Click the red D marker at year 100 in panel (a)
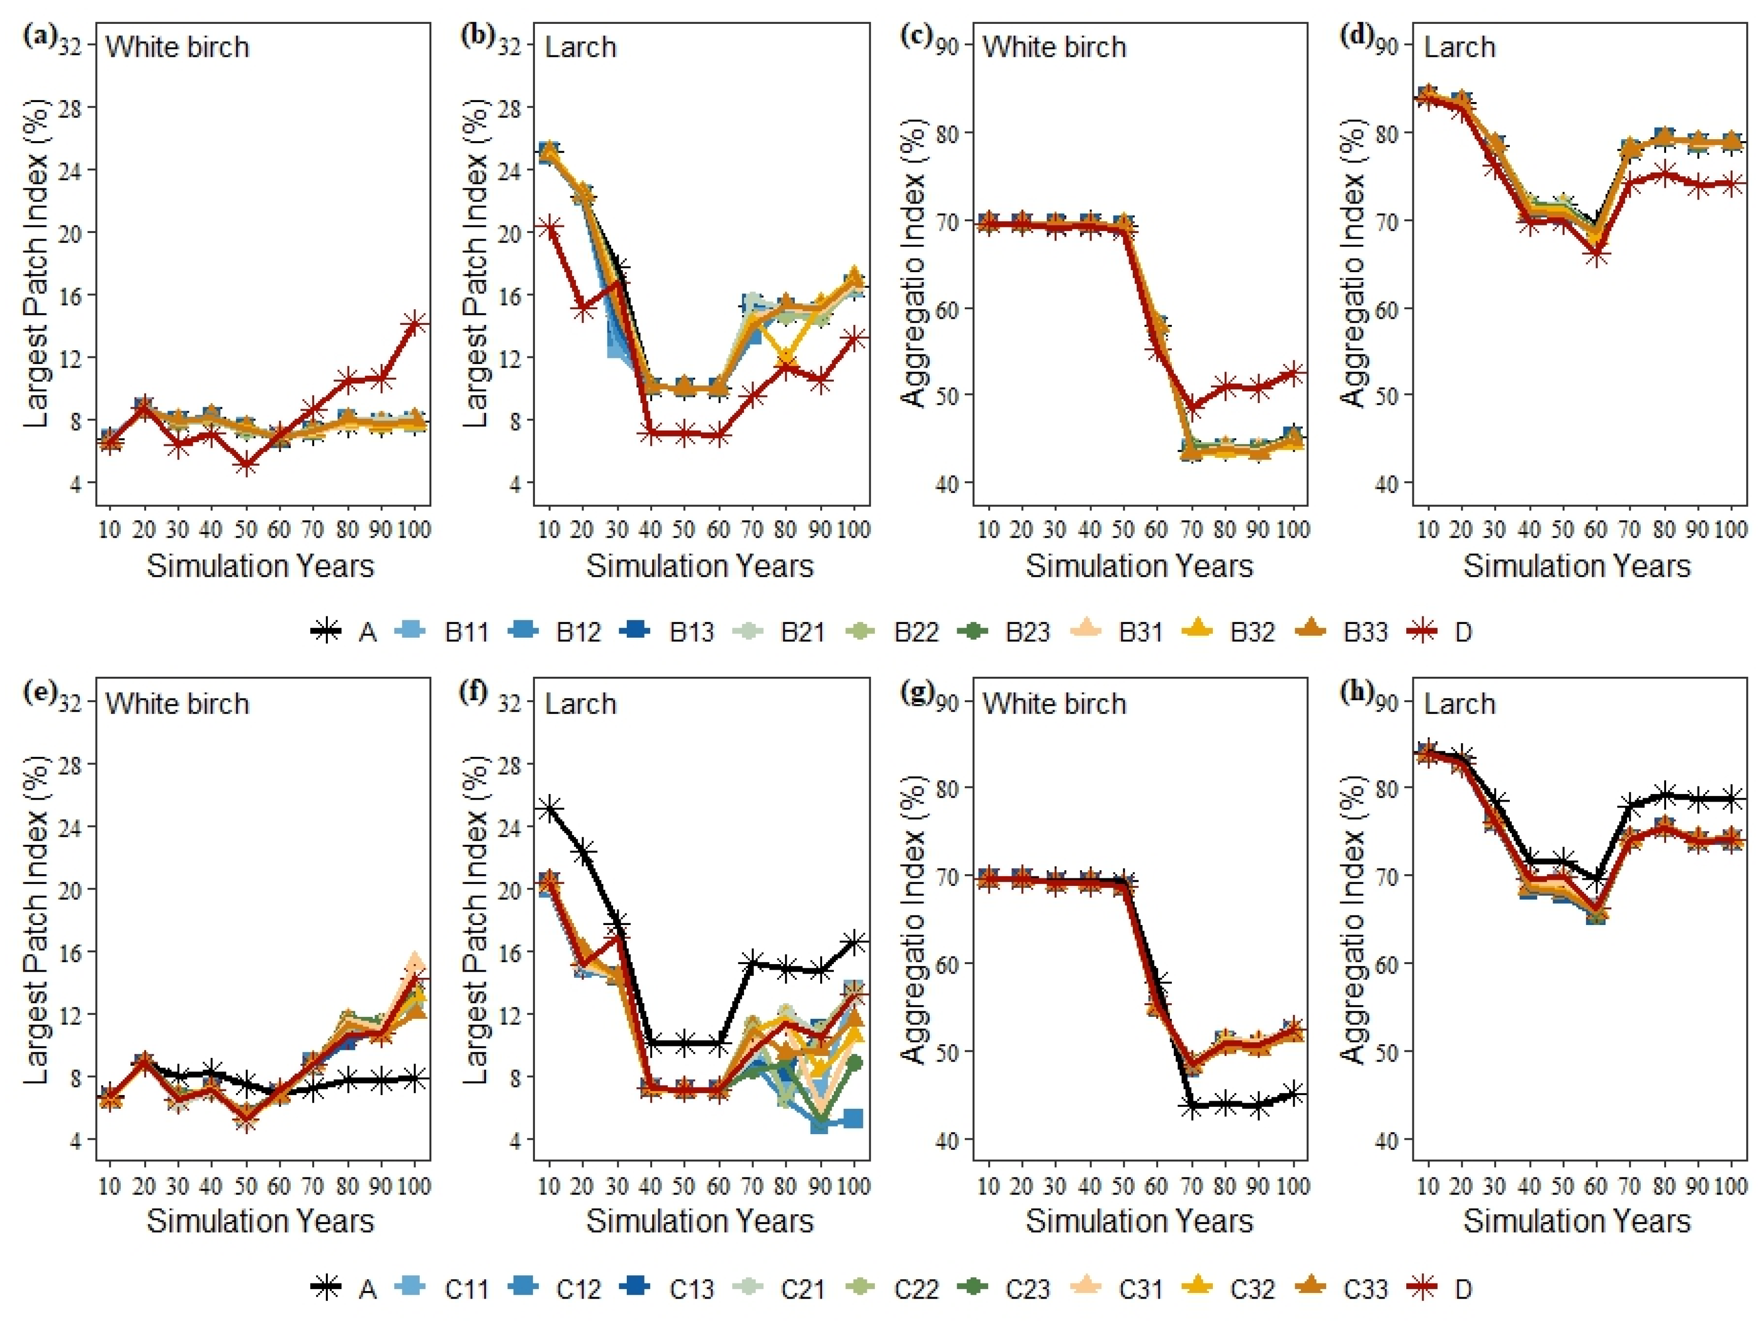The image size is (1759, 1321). point(414,323)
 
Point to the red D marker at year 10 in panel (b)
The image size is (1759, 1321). point(549,228)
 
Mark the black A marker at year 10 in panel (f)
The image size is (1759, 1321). point(549,809)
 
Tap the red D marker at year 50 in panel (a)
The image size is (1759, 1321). point(246,465)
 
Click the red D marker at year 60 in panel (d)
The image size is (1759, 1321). point(1596,254)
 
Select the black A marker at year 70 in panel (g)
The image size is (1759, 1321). point(1191,1105)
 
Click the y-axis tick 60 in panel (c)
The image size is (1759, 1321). point(948,309)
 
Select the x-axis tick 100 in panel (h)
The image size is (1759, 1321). point(1730,1186)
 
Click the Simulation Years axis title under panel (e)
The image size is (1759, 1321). point(260,1221)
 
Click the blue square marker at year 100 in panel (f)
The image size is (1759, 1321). point(853,1118)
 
